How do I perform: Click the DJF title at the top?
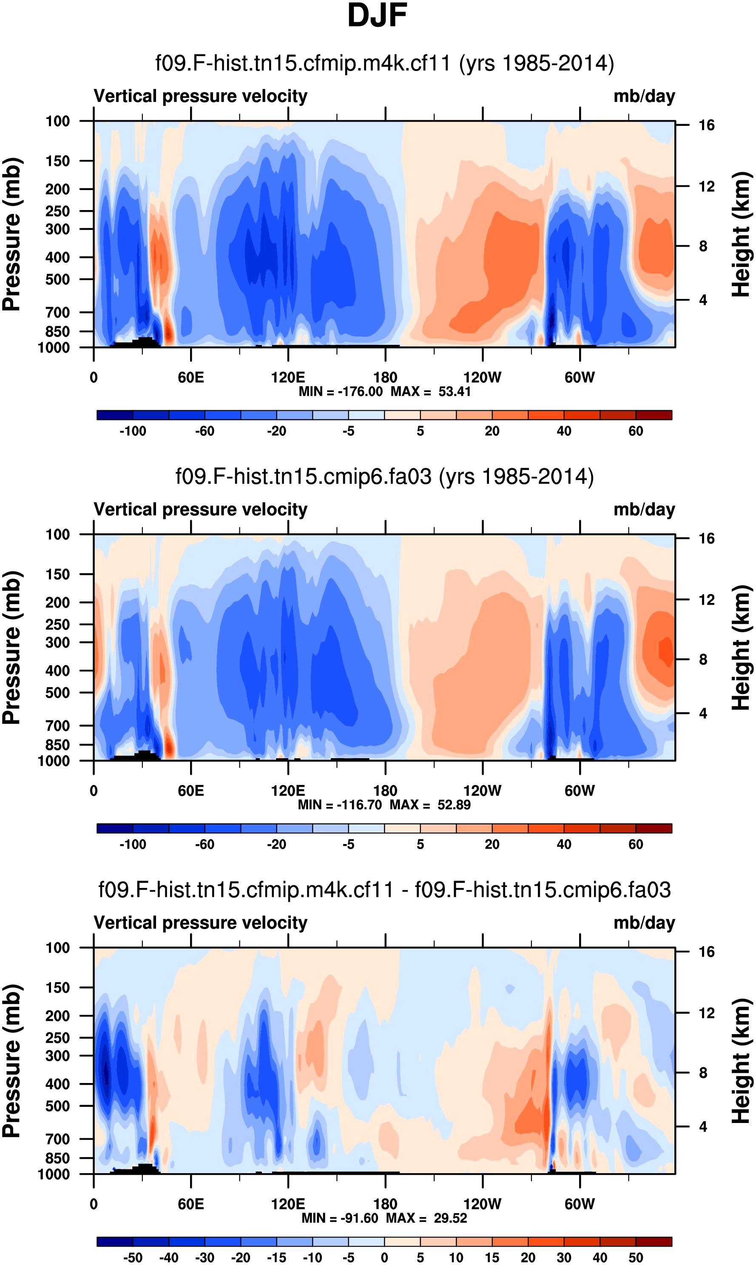(377, 15)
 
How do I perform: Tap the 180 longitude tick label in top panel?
(385, 378)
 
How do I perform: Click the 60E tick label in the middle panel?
(190, 791)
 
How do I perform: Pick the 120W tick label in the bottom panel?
(482, 1204)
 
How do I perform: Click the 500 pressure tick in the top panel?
(57, 280)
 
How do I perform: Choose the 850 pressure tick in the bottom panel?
(57, 1158)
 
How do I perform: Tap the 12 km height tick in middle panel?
(706, 600)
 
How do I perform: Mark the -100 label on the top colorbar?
(133, 431)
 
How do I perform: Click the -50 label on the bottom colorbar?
(133, 1257)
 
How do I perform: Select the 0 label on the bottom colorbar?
(385, 1257)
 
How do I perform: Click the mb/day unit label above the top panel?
(644, 96)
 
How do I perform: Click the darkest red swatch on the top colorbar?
(654, 415)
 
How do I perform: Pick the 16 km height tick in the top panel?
(706, 125)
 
